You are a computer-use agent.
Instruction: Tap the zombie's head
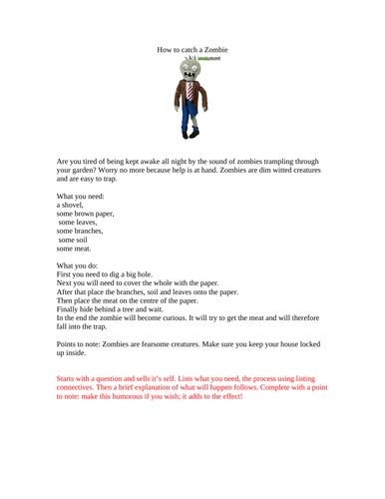[191, 72]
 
